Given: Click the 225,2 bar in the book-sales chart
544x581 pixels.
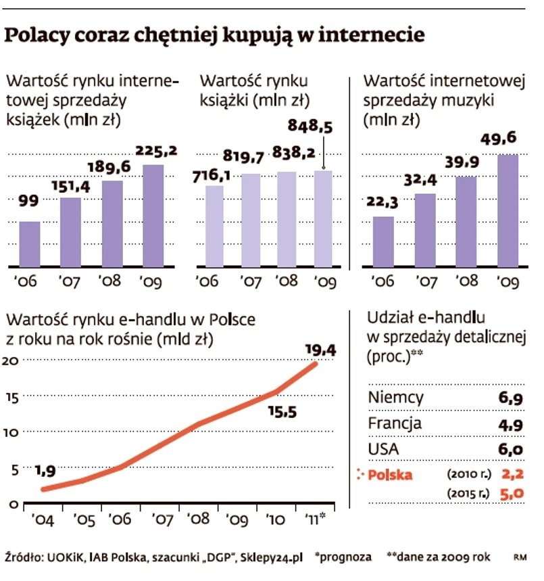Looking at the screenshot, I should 153,215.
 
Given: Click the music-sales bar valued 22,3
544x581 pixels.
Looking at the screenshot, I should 383,241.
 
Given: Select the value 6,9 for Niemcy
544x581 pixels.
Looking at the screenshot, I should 510,398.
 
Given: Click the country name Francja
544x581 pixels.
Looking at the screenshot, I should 395,424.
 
